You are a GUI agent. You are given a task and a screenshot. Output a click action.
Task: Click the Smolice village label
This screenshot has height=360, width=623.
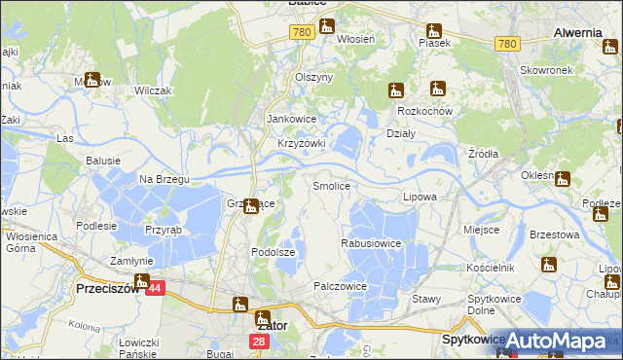point(331,185)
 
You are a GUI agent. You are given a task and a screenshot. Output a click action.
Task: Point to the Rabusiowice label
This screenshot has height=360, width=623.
point(371,243)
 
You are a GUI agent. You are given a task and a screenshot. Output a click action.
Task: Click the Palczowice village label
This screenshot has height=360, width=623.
point(340,286)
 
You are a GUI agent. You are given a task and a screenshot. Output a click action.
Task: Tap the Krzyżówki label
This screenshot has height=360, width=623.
point(301,143)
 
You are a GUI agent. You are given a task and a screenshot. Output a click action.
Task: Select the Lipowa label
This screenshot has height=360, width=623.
point(420,197)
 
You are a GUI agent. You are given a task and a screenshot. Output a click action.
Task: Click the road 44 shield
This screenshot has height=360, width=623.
point(158,288)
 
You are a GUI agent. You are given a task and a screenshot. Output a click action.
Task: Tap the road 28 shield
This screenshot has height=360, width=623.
point(258,342)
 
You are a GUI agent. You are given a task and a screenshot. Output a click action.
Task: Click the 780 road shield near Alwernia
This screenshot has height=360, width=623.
point(506,44)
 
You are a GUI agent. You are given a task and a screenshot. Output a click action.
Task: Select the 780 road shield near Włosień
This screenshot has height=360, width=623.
point(301,33)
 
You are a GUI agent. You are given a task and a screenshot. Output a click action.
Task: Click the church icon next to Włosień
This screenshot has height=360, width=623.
point(326,26)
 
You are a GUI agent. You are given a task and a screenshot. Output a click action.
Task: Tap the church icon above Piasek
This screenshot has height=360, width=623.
point(434,29)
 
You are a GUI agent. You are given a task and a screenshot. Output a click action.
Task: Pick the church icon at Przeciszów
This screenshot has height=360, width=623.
point(142,283)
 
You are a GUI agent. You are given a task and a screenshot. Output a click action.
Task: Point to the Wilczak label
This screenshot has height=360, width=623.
point(153,90)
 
